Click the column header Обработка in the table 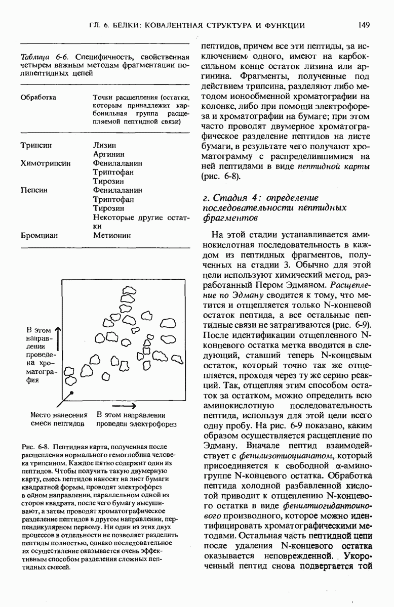click(x=38, y=97)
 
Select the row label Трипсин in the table click(x=36, y=145)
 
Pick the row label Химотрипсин click(x=45, y=163)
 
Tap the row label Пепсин click(x=33, y=190)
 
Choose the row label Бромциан click(x=39, y=235)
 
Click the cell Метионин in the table click(x=112, y=235)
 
